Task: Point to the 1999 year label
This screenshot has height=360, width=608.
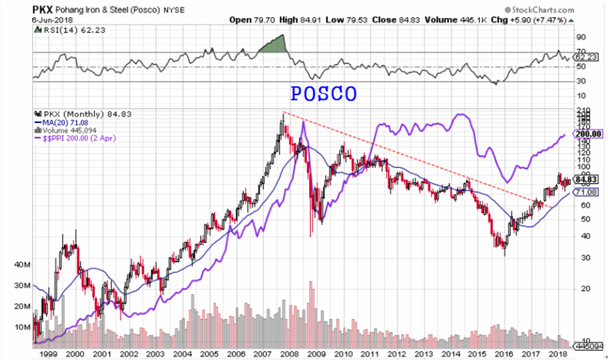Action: pos(47,355)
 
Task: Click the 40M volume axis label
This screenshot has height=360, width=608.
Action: pos(23,265)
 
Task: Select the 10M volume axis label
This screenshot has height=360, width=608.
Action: pos(23,327)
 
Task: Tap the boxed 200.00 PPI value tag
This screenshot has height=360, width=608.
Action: pos(589,134)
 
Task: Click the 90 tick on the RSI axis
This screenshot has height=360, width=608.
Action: pos(581,37)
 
